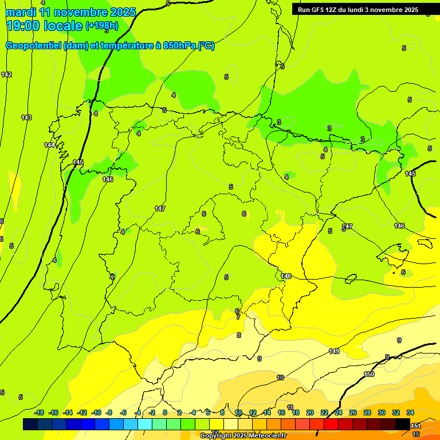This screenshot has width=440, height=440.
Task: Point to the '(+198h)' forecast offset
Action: pos(101,26)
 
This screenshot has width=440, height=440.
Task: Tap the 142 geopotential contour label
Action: pos(6,75)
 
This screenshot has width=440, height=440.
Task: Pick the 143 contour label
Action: pos(26,117)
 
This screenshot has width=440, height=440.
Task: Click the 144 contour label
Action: pos(50,145)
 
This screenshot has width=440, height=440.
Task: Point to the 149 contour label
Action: pos(334,351)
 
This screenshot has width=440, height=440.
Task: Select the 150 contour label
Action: pos(369,374)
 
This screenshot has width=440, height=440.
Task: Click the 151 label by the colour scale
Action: pos(417,426)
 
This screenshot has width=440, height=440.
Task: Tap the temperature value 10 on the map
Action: pos(280,378)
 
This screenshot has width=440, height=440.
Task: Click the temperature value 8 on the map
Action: pos(239,335)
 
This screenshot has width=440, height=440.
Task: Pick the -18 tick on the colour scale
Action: pos(40,412)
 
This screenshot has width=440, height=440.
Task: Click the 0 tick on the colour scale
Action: pos(165,412)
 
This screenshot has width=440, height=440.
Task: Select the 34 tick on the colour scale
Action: pos(410,412)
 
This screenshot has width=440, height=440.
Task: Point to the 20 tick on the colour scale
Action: pos(310,412)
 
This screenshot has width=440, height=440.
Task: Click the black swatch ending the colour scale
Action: pos(403,424)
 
